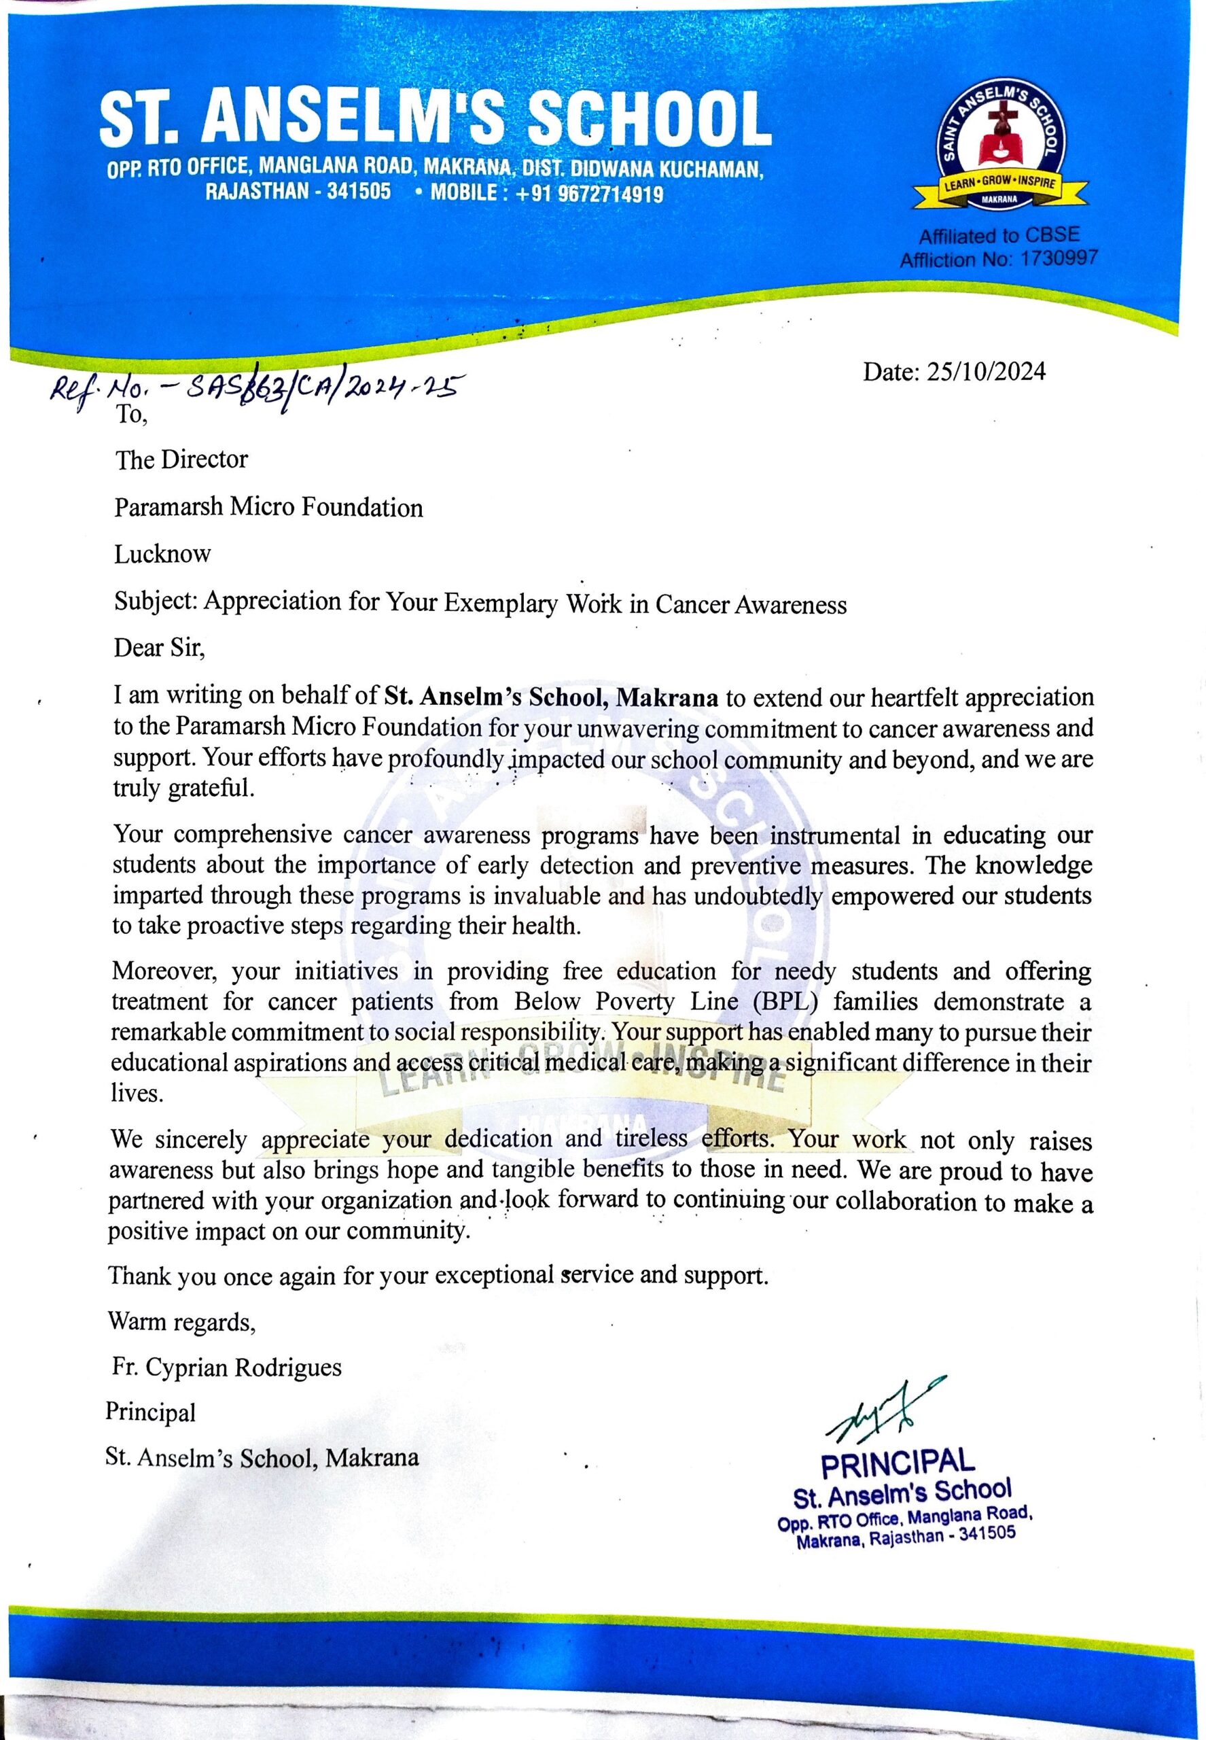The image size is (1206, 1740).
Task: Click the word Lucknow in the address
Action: click(x=162, y=554)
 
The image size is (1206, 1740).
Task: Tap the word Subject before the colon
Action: click(x=155, y=602)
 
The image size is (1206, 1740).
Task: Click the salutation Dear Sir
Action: click(x=159, y=648)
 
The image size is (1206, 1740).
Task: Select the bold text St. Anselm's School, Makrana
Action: click(x=552, y=696)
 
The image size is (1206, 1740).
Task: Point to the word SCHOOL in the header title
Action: click(x=644, y=120)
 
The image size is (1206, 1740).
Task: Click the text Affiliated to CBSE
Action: click(x=999, y=235)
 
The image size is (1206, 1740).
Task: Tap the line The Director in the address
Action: click(x=181, y=459)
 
